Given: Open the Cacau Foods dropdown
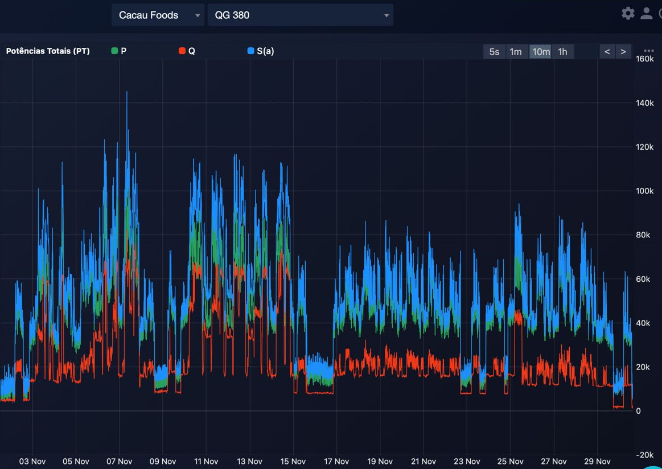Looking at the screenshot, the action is click(158, 15).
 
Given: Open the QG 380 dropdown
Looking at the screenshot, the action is click(300, 15).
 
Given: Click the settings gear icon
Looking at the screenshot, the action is click(628, 13).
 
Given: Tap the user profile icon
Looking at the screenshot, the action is click(646, 13).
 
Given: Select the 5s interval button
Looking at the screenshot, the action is click(494, 51).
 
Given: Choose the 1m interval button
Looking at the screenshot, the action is click(516, 51).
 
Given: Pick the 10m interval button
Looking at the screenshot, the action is click(540, 51).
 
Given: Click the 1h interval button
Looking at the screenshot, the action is click(562, 51).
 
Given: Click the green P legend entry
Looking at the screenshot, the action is click(119, 51).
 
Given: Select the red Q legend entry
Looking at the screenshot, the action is click(187, 51).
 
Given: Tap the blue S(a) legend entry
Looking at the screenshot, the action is click(261, 51).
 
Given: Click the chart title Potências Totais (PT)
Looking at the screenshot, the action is click(48, 51).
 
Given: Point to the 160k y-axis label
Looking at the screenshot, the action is click(645, 59).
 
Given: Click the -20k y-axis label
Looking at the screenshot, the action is click(645, 455).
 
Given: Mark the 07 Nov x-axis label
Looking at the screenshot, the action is click(119, 462).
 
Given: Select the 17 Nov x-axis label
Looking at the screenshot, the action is click(336, 462).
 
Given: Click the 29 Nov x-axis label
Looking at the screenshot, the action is click(597, 462).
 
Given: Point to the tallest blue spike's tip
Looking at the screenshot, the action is click(127, 92).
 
